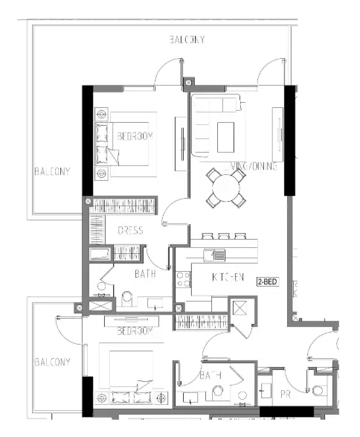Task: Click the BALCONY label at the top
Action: point(187,39)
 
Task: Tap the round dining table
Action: point(225,186)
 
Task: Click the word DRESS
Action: point(130,231)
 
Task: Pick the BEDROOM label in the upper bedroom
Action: point(134,136)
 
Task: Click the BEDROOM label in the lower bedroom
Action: point(134,330)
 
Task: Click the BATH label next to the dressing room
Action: point(145,274)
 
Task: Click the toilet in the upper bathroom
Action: point(126,299)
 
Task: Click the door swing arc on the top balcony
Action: point(165,71)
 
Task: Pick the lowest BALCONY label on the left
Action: point(52,363)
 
